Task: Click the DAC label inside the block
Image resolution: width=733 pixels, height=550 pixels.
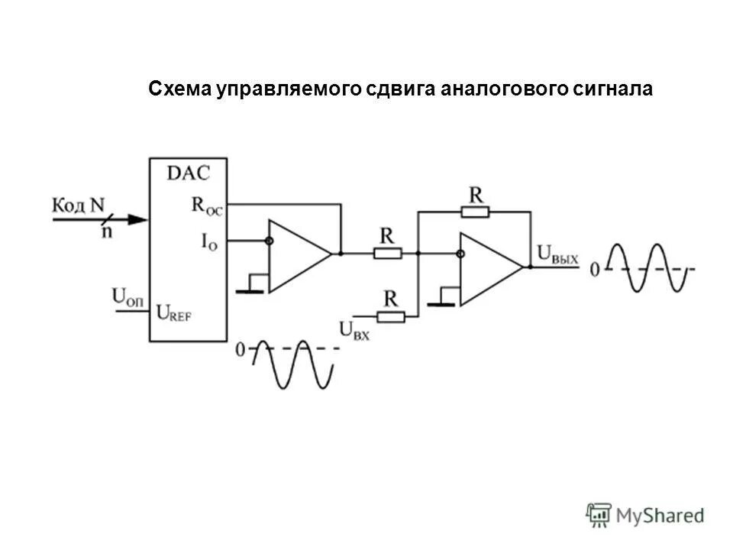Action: (187, 173)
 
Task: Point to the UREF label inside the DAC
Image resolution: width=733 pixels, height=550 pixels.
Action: (174, 312)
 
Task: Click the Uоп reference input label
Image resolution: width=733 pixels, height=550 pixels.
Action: (128, 296)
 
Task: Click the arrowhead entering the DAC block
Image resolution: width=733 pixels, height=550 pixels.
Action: (137, 220)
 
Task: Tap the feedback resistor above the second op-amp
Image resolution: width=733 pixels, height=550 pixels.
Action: (475, 212)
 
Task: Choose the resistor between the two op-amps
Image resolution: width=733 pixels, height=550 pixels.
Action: (388, 253)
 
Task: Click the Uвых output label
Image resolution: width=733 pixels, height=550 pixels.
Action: (557, 254)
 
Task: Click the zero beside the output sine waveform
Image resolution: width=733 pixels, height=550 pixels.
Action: (595, 270)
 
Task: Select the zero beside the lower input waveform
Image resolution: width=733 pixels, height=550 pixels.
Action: (241, 350)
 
